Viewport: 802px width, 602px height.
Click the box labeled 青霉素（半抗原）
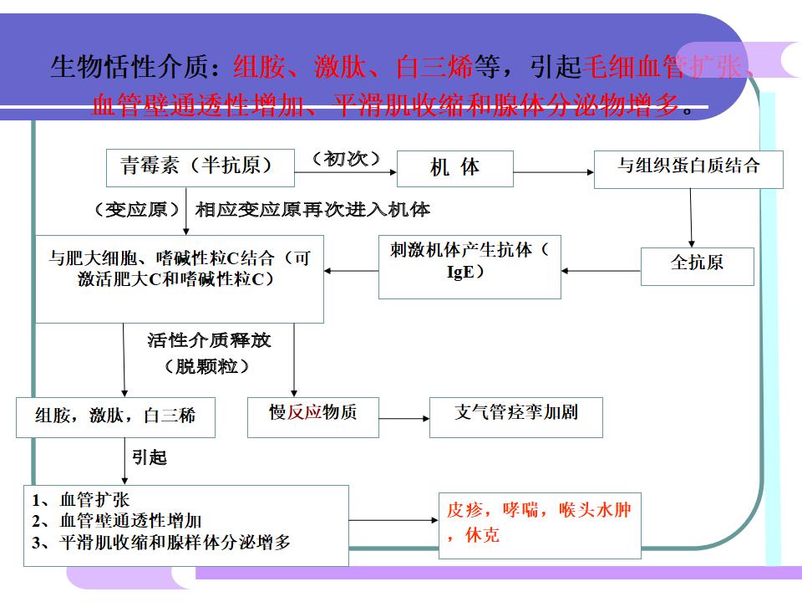coord(200,167)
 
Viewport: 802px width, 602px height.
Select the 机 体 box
coord(454,168)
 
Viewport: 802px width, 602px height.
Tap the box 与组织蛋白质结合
coord(688,168)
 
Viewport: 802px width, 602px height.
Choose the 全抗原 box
coord(697,265)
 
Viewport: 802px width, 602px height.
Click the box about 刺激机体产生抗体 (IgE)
coord(469,266)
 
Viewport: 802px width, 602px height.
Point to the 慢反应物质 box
coord(312,416)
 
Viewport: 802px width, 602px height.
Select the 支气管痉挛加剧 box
coord(515,416)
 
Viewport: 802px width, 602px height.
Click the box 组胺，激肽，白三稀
coord(115,416)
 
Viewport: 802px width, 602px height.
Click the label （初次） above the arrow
coord(346,159)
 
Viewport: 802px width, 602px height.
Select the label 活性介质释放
coord(209,340)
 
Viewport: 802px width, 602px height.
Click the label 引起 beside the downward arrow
coord(150,457)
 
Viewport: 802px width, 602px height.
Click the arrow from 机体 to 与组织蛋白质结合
coord(552,172)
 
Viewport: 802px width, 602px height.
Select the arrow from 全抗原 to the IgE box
coord(601,271)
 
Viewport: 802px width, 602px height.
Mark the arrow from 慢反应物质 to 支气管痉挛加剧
coord(404,417)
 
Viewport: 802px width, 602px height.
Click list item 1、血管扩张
coord(82,501)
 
